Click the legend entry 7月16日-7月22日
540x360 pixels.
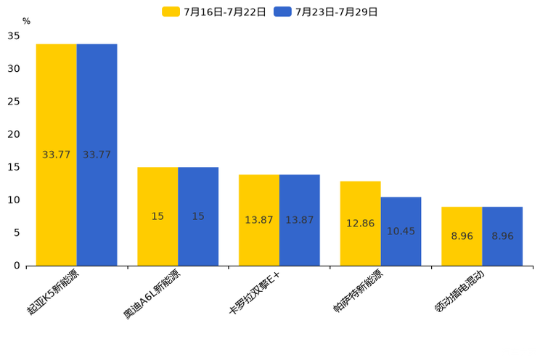[214, 12]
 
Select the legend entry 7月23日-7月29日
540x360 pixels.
[326, 12]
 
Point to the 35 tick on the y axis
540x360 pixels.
[14, 36]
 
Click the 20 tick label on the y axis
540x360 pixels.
[14, 134]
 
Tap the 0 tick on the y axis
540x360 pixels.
[17, 266]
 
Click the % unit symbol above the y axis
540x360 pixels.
[26, 22]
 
